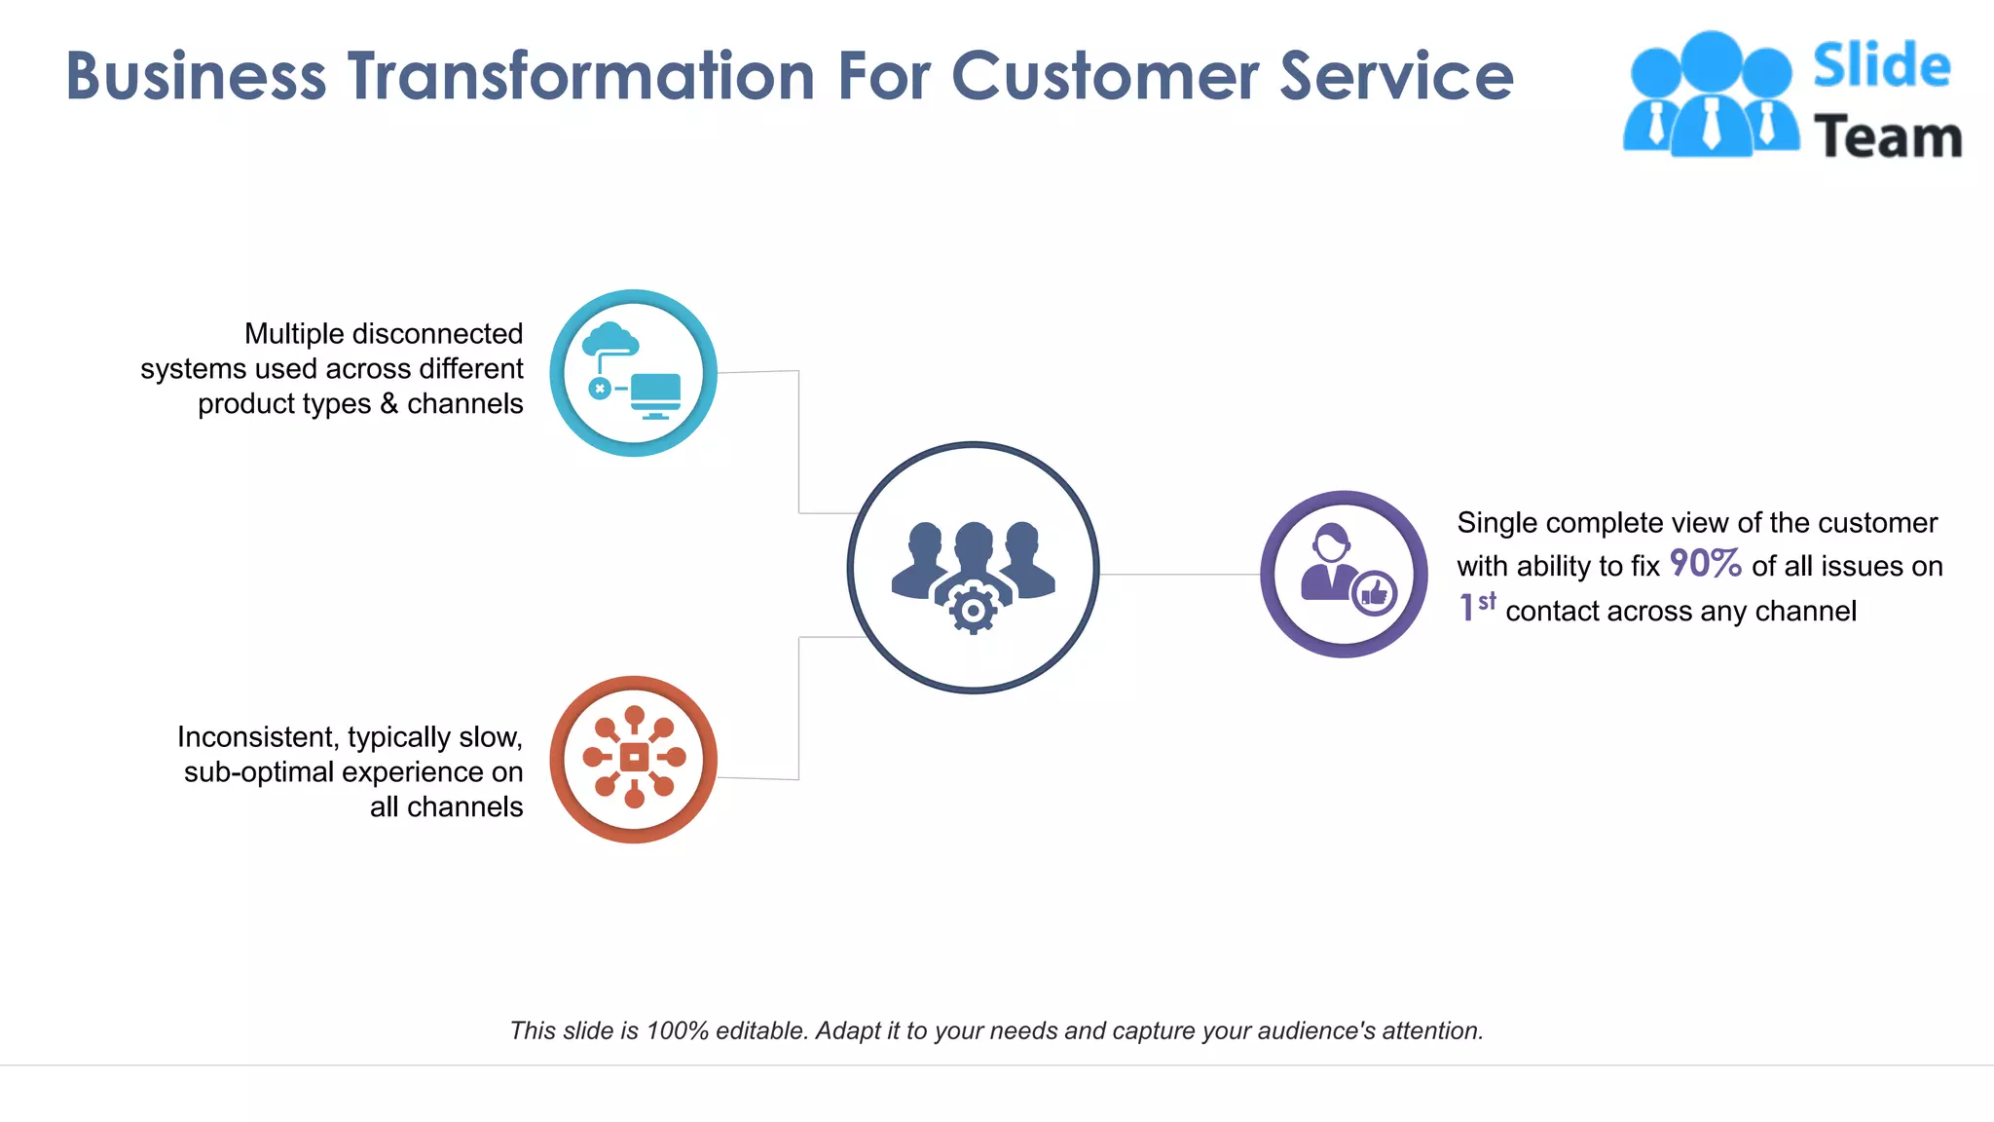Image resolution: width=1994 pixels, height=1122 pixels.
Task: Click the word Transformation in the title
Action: pos(581,76)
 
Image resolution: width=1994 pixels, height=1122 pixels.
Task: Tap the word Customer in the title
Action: pos(1104,76)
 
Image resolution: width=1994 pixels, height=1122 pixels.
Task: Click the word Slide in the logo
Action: pos(1881,66)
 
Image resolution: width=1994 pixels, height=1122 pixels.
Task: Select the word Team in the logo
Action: pos(1887,136)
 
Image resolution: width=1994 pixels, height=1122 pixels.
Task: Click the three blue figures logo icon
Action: pos(1711,94)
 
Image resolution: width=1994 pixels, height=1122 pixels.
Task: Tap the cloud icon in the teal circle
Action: pos(610,340)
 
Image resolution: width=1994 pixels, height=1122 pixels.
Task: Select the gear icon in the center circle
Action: pos(973,610)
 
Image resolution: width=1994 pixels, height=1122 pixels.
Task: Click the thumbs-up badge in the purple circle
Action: pos(1374,592)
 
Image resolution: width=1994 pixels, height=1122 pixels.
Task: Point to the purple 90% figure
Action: pos(1705,563)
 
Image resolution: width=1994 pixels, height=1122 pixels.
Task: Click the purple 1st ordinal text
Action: pos(1476,607)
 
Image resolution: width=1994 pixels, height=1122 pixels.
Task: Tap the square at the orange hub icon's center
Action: pos(634,757)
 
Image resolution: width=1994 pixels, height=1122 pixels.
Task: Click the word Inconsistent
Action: pos(255,737)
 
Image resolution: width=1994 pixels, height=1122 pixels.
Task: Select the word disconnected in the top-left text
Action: pos(451,334)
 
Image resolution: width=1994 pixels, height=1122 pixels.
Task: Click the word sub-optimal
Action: pos(258,772)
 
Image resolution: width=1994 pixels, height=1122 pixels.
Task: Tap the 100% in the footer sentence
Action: pos(677,1030)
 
